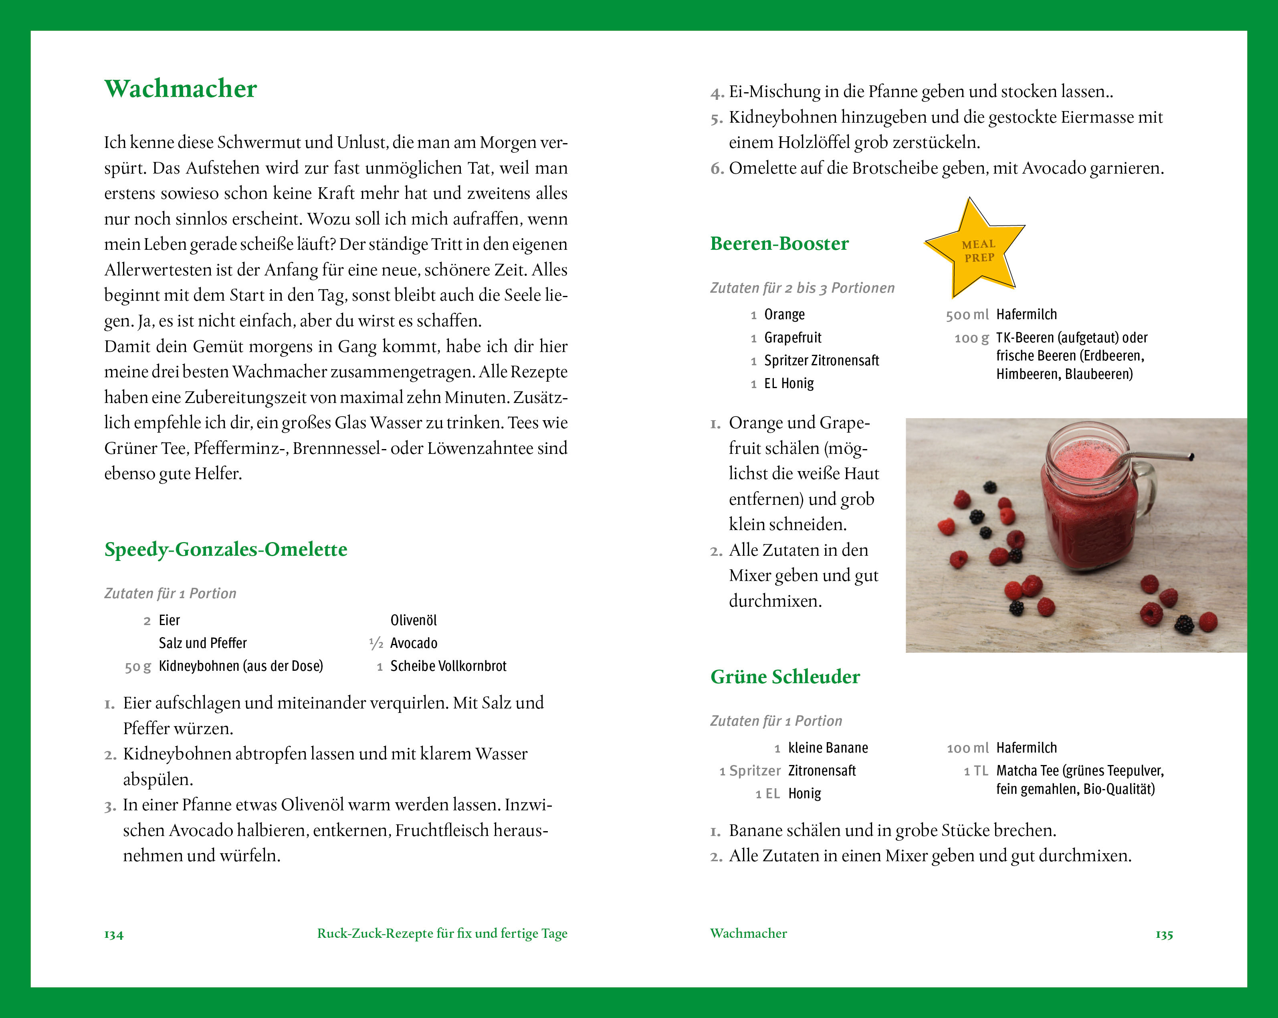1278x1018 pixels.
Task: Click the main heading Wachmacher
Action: (x=180, y=89)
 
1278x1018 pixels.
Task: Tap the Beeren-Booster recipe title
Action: (x=779, y=244)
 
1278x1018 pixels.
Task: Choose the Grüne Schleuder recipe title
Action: (x=785, y=677)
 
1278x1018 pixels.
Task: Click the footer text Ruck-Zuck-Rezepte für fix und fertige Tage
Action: (x=442, y=934)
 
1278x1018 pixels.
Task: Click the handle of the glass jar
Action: (x=1144, y=492)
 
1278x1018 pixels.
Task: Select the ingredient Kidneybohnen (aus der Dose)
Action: (x=241, y=666)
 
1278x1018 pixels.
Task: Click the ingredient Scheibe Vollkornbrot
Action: (x=448, y=666)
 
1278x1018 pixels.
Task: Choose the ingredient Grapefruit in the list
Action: (x=793, y=338)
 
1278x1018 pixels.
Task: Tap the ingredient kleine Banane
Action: (x=828, y=748)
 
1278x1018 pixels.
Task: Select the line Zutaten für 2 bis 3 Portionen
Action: (x=802, y=289)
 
